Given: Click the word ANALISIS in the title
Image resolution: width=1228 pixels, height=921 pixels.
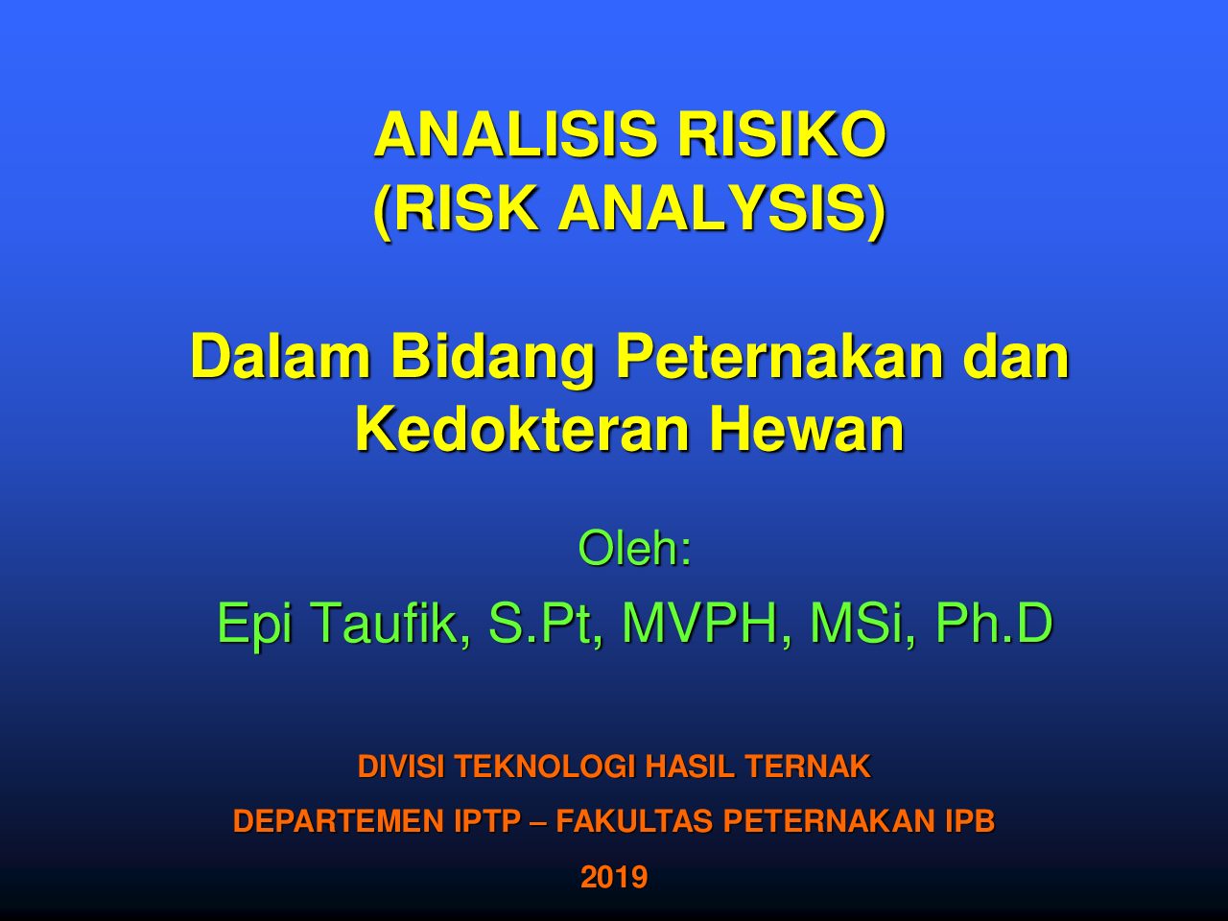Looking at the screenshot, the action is pyautogui.click(x=514, y=135).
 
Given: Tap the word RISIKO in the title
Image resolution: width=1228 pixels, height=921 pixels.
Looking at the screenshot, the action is pyautogui.click(x=781, y=135).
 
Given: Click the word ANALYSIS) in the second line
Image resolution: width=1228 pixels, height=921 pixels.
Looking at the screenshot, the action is pyautogui.click(x=722, y=209).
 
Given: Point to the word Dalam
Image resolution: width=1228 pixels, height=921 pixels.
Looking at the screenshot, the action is pyautogui.click(x=280, y=357).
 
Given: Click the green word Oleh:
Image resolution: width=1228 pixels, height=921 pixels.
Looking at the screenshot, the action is pyautogui.click(x=635, y=548).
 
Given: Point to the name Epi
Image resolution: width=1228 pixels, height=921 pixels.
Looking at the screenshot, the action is pyautogui.click(x=254, y=626).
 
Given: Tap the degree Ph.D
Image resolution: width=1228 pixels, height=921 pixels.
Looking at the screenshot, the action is pyautogui.click(x=994, y=623).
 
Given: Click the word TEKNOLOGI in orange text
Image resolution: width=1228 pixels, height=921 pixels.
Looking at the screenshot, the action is pyautogui.click(x=546, y=767).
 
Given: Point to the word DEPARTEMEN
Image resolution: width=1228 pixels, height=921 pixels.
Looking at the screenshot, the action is pyautogui.click(x=339, y=821).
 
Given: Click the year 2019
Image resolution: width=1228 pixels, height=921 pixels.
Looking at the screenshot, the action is pyautogui.click(x=614, y=877).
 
